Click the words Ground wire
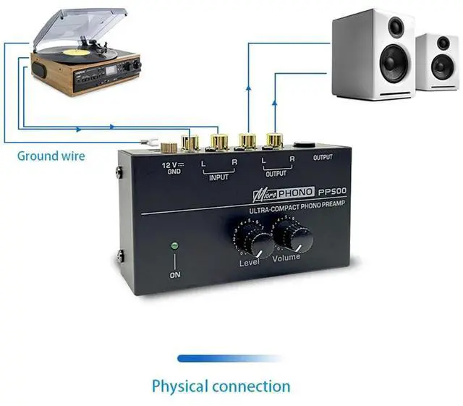pyautogui.click(x=51, y=156)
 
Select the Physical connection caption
pyautogui.click(x=221, y=386)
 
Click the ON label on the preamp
pyautogui.click(x=175, y=275)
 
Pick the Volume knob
pyautogui.click(x=293, y=238)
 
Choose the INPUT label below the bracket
pyautogui.click(x=218, y=177)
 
